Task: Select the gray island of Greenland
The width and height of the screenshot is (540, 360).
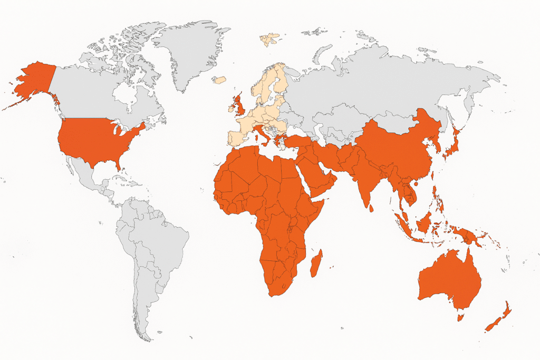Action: point(189,50)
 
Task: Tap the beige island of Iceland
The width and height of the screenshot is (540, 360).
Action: point(219,80)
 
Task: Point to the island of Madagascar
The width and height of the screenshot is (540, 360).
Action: point(316,264)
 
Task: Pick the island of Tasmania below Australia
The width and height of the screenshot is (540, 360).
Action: point(460,317)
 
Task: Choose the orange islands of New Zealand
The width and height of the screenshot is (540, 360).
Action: point(498,319)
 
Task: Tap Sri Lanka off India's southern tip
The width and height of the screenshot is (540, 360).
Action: point(372,208)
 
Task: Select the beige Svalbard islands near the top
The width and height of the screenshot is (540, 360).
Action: point(269,38)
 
